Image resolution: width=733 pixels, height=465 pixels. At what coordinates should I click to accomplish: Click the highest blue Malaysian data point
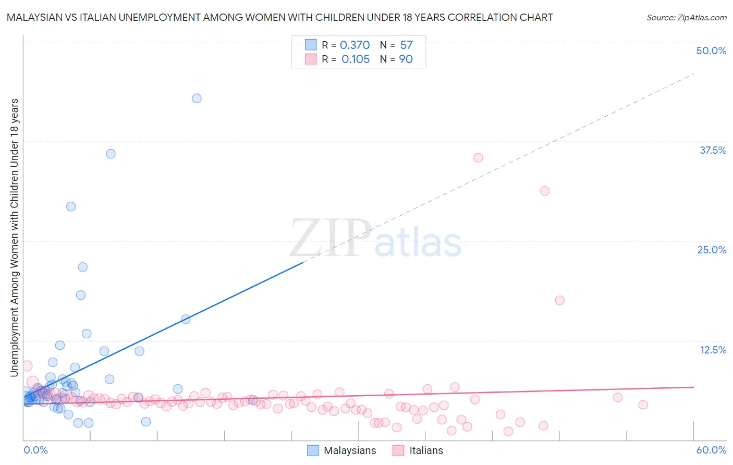[x=197, y=99]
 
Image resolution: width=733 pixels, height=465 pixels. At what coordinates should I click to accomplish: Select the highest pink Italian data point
[x=478, y=157]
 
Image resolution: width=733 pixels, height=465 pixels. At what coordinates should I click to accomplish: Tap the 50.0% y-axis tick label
[x=711, y=51]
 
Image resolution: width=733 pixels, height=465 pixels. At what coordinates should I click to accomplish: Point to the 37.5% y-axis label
[x=713, y=150]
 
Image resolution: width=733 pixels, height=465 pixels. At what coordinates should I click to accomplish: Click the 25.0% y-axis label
[x=712, y=250]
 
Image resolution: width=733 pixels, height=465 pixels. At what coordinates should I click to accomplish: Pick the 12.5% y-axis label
[x=713, y=350]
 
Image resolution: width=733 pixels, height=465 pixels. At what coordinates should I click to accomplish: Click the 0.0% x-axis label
[x=35, y=450]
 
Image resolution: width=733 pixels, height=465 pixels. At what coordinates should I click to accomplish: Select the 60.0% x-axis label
[x=711, y=450]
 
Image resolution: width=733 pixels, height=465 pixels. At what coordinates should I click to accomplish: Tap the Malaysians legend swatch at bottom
[x=313, y=450]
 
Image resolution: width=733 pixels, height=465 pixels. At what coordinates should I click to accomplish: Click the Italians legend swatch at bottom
[x=398, y=450]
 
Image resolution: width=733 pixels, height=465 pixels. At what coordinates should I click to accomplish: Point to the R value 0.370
[x=355, y=45]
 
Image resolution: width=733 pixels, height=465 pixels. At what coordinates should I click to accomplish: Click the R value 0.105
[x=356, y=59]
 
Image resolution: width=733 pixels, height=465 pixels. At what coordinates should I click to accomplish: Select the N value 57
[x=406, y=45]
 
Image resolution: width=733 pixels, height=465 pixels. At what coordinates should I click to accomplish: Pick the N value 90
[x=406, y=59]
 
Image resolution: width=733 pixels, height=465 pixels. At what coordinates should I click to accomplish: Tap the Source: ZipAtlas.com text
[x=686, y=17]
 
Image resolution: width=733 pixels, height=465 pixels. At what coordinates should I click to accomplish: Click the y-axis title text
[x=14, y=237]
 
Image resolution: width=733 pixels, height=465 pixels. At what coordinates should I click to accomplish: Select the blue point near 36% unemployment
[x=111, y=154]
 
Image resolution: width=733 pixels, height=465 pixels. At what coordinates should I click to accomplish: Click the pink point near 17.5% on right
[x=559, y=300]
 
